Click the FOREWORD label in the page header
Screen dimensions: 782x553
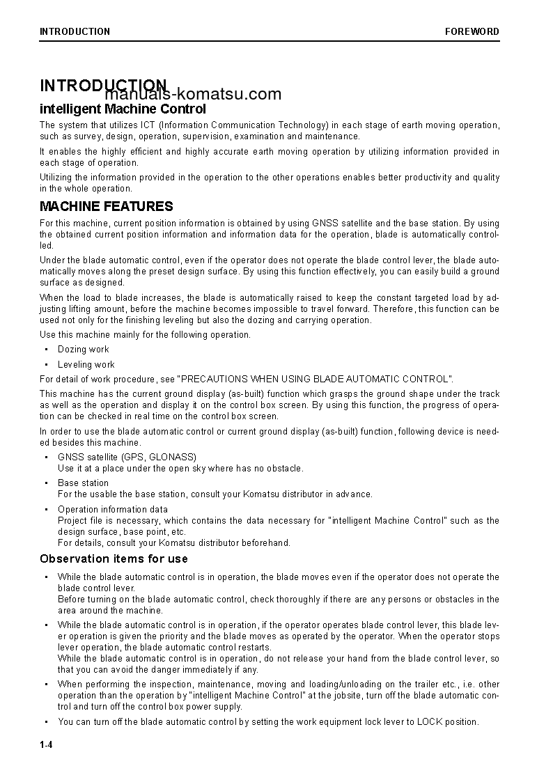tap(472, 31)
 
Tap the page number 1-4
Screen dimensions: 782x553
tap(47, 745)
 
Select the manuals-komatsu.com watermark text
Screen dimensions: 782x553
tap(194, 95)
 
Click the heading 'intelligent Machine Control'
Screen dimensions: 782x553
tap(123, 109)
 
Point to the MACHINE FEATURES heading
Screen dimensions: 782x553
tap(107, 207)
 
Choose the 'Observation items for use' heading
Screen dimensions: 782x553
tap(114, 558)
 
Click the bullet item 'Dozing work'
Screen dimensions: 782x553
tap(84, 350)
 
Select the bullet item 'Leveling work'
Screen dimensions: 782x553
tap(86, 364)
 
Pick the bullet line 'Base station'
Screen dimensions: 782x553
tap(84, 483)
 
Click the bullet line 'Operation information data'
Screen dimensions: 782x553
tap(113, 509)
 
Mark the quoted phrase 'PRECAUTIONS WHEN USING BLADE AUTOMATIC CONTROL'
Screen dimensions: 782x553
tap(316, 379)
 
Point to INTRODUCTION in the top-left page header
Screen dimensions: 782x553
tap(75, 31)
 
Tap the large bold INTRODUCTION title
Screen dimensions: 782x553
tap(103, 85)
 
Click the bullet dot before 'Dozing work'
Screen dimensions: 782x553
tap(46, 350)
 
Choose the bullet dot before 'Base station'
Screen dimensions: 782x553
tap(46, 483)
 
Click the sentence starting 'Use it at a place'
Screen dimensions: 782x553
tap(180, 468)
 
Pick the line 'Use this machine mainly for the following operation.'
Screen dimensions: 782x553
tap(145, 335)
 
